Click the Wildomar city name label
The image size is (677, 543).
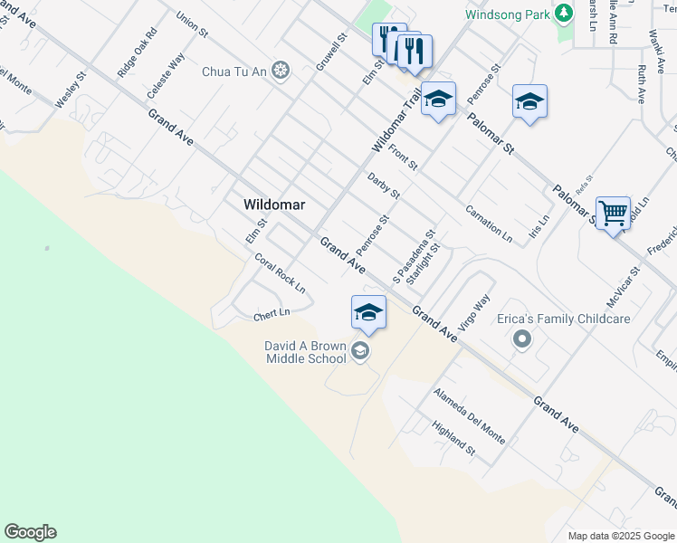pos(274,205)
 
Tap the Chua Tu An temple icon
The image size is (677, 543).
pos(281,71)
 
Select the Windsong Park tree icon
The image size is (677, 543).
pos(564,14)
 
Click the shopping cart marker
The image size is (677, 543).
pos(613,214)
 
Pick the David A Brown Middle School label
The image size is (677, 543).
pos(305,352)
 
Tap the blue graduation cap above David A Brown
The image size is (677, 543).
pos(368,312)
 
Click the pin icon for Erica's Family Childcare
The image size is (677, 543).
pos(521,340)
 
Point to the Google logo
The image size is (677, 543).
pos(30,532)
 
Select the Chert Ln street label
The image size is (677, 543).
pos(271,314)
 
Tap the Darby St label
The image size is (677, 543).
pos(384,186)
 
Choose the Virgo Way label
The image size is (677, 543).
pos(474,312)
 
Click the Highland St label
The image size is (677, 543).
pos(453,438)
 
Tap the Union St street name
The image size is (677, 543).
pos(192,24)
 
